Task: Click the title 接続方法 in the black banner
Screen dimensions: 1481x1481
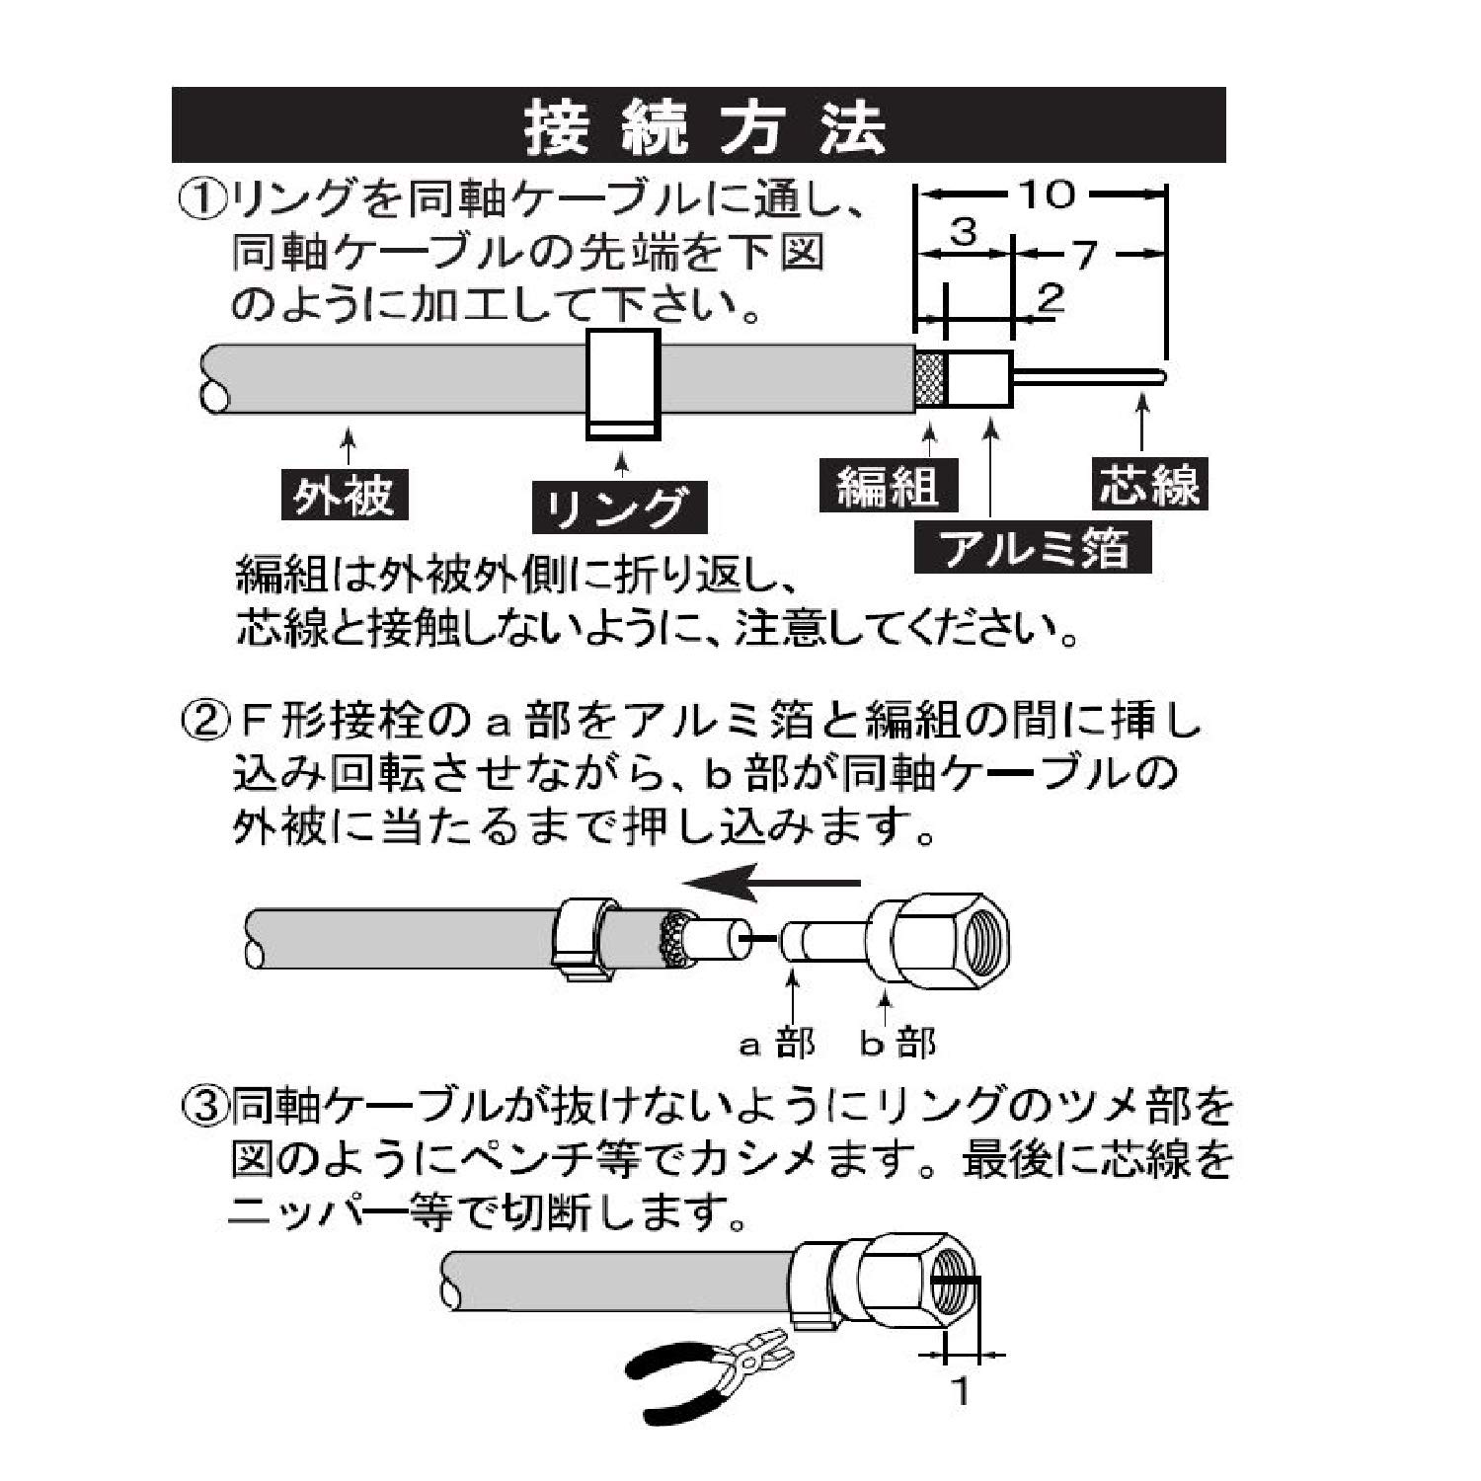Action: [x=703, y=126]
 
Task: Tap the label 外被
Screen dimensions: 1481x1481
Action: [x=343, y=496]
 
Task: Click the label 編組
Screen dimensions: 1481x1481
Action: [x=887, y=486]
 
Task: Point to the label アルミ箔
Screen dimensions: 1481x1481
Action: [x=1034, y=548]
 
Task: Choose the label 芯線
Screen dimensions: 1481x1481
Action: [x=1148, y=485]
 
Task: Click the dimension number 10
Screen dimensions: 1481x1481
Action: [x=1047, y=195]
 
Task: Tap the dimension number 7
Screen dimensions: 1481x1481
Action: [x=1086, y=255]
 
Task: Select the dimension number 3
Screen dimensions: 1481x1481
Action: [x=963, y=233]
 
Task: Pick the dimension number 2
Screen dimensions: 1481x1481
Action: [x=1052, y=296]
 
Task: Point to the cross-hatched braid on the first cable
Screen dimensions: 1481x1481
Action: [x=931, y=381]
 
